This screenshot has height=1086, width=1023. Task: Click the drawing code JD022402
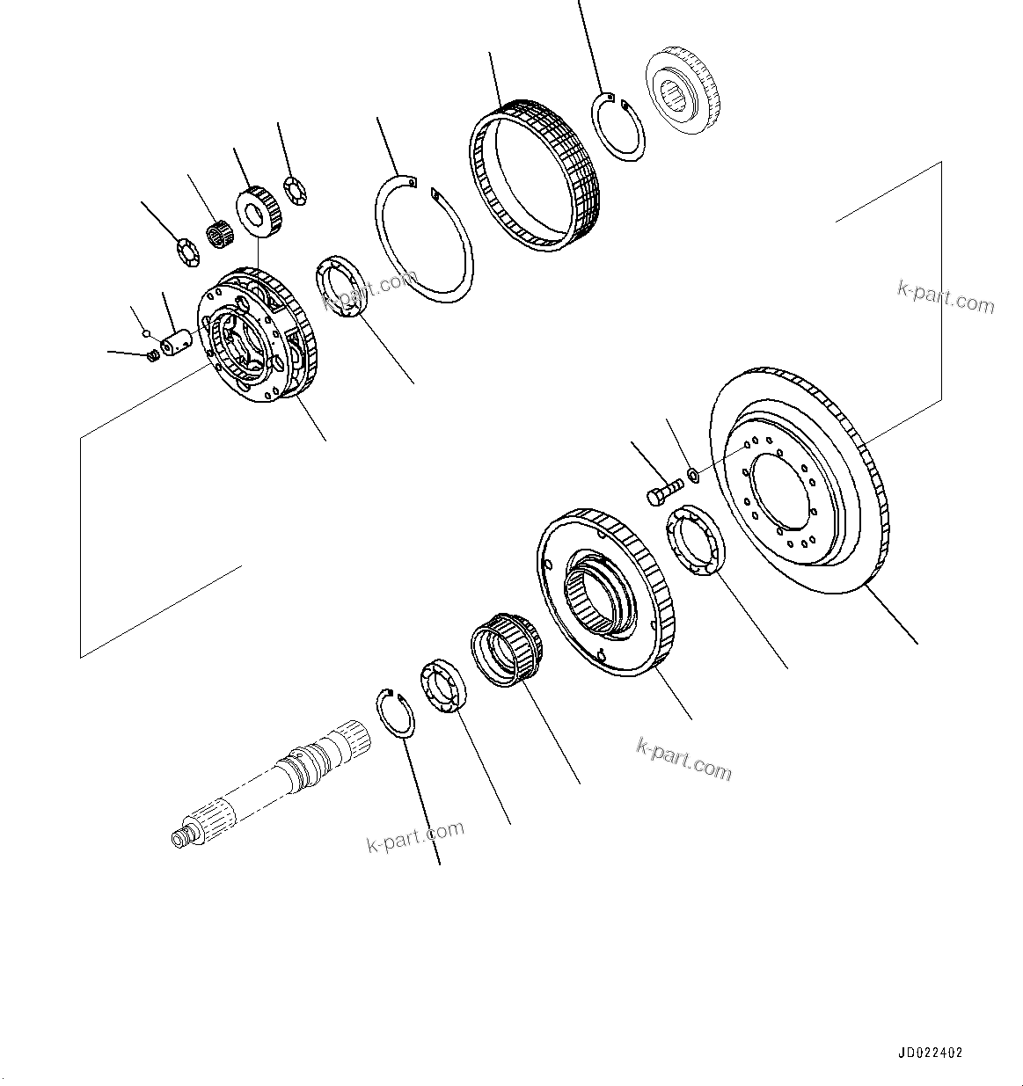point(930,1053)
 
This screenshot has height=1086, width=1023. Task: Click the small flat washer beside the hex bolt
point(692,476)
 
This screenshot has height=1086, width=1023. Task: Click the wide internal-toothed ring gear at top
point(533,175)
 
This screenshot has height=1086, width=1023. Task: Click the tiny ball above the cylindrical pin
point(147,333)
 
